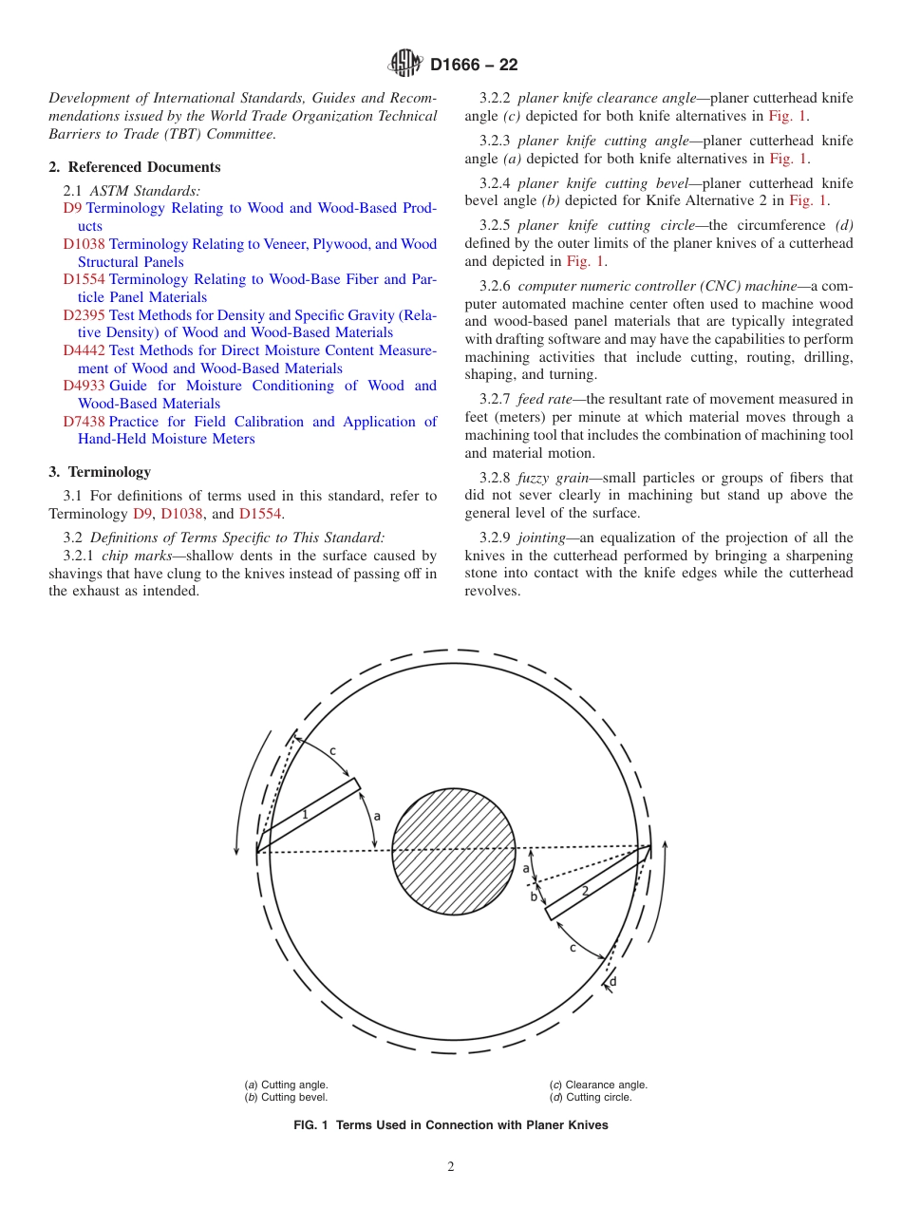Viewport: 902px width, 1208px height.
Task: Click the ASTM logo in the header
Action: (405, 64)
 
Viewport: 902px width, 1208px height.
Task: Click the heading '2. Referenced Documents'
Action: (135, 167)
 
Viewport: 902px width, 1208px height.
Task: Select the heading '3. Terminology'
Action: (100, 472)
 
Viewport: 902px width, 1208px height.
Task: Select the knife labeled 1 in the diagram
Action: (307, 815)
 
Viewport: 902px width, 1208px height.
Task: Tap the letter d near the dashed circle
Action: (612, 981)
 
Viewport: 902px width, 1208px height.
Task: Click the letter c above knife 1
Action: (332, 750)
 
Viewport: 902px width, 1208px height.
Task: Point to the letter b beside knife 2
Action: (534, 897)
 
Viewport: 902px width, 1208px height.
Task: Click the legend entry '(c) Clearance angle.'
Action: (598, 1085)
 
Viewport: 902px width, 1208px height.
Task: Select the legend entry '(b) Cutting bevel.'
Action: (287, 1097)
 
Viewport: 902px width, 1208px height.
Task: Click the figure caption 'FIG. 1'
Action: (451, 1125)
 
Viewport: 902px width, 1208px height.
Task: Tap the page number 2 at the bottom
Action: (451, 1167)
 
